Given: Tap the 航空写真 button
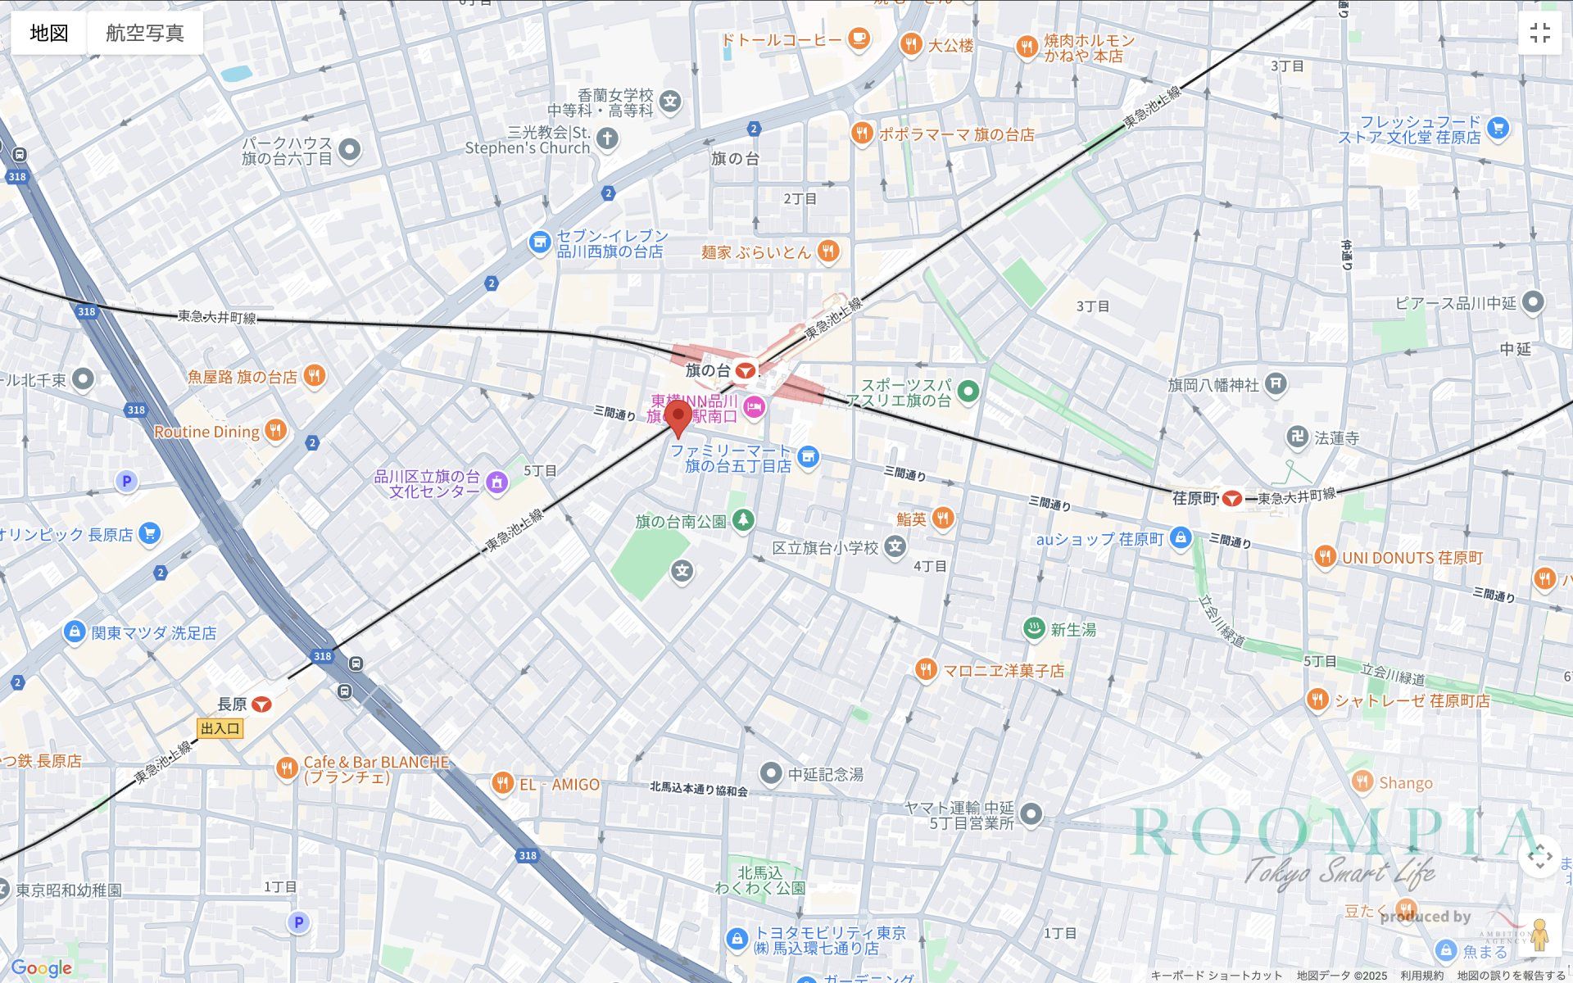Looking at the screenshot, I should point(145,33).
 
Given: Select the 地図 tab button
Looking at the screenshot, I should point(48,33).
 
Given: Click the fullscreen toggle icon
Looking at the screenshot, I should point(1539,33).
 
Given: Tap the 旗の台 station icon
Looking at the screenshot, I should point(745,371).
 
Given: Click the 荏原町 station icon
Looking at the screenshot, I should point(1231,498).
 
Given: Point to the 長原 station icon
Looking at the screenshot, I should point(261,704).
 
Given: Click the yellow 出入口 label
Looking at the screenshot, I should point(220,728).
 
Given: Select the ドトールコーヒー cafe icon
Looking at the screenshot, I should point(858,39).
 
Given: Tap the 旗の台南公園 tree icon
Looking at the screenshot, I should point(743,520).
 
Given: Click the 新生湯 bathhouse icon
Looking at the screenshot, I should point(1034,629).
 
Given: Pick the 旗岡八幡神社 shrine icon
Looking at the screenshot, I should point(1276,383).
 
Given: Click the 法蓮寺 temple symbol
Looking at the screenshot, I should point(1298,437).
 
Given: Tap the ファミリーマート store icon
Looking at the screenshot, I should point(808,457).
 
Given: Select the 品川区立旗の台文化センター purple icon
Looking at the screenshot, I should point(496,483).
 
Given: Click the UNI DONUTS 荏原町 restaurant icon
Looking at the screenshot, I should point(1325,557).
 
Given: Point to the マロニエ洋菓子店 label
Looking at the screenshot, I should point(1004,671).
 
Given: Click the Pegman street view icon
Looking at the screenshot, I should point(1539,935).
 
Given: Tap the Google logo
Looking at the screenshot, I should point(41,968).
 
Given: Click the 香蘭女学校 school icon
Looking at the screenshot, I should point(671,102).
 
